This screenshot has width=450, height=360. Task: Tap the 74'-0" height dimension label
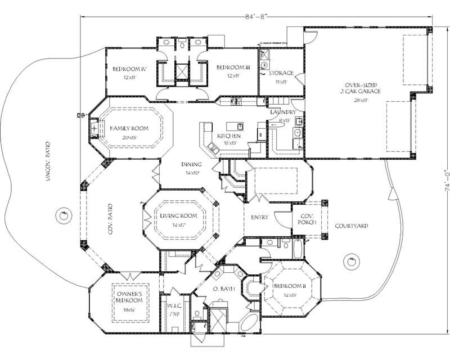click(445, 180)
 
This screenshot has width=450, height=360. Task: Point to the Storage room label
click(280, 73)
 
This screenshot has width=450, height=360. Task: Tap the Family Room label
click(129, 128)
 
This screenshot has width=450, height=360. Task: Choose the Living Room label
click(177, 216)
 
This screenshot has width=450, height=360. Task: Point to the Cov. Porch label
click(308, 219)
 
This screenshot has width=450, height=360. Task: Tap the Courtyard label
click(352, 226)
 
